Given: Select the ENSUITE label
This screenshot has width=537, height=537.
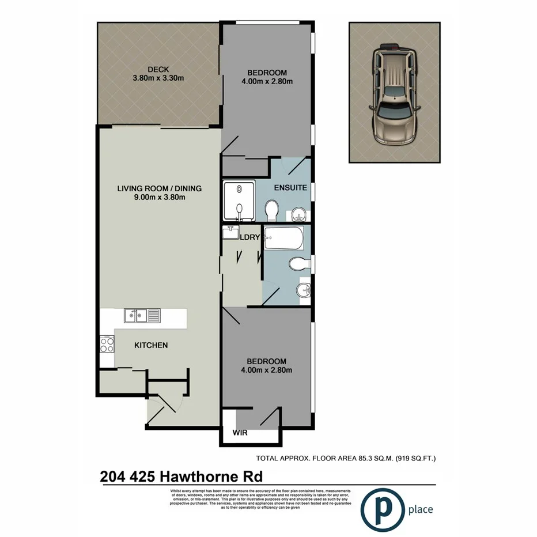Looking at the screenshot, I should pos(290,188).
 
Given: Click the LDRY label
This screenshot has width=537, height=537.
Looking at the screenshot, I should pos(249,237).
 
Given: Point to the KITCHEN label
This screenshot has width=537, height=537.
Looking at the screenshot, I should pos(151,345).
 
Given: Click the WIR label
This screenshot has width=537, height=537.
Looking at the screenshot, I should pos(240,433).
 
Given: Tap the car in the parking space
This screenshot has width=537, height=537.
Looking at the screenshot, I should pos(394,94).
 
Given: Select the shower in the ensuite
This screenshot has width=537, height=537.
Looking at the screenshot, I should pos(238,202).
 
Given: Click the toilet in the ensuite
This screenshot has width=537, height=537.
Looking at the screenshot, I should pos(273,210).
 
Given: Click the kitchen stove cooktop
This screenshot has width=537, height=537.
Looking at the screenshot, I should pos(107,345).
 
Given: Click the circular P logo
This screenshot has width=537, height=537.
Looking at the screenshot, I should pos(382,509).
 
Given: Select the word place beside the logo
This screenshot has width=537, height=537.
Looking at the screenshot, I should pos(420,509).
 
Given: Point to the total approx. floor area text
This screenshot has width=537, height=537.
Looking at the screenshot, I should pos(346,459).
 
